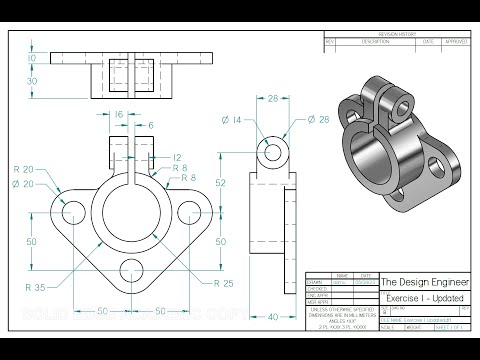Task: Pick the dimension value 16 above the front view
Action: (119, 116)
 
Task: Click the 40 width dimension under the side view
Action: (273, 318)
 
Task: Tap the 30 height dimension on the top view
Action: (31, 80)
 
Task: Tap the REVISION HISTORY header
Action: (400, 34)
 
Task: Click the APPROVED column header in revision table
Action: (455, 42)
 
